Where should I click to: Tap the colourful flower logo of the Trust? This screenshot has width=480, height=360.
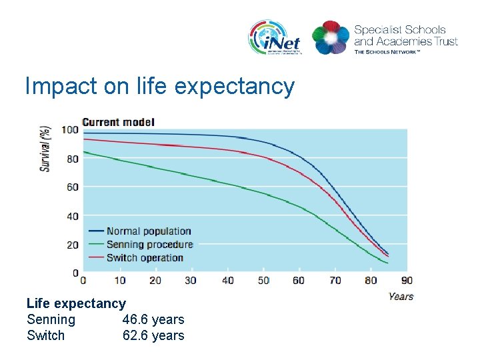tap(331, 37)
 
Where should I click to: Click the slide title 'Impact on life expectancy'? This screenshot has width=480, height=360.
tap(159, 86)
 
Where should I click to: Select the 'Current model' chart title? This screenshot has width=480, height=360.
tap(118, 122)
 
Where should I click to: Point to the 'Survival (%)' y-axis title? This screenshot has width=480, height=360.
tap(45, 148)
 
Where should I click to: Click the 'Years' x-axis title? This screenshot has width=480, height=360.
tap(401, 296)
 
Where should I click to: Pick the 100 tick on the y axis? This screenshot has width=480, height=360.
tap(70, 129)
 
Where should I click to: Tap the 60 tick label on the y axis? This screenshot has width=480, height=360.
tap(71, 187)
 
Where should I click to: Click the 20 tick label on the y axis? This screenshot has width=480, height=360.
tap(71, 245)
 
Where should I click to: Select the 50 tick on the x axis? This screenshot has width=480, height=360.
tap(263, 280)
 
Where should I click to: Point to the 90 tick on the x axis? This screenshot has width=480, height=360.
tap(406, 280)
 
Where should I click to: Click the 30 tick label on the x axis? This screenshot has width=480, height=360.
tap(191, 280)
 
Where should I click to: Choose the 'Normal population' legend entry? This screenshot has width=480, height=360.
tap(149, 231)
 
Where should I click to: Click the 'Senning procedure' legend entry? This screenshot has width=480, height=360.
tap(149, 245)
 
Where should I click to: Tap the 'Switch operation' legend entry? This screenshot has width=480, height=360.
tap(145, 258)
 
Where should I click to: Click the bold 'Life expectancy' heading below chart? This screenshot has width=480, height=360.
tap(76, 303)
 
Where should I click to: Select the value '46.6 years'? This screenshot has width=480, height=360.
tap(153, 319)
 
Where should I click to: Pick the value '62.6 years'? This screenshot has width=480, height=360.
tap(153, 335)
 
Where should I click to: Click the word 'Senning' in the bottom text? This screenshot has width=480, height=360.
tap(51, 319)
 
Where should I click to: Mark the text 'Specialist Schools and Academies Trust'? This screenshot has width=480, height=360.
tap(405, 35)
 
